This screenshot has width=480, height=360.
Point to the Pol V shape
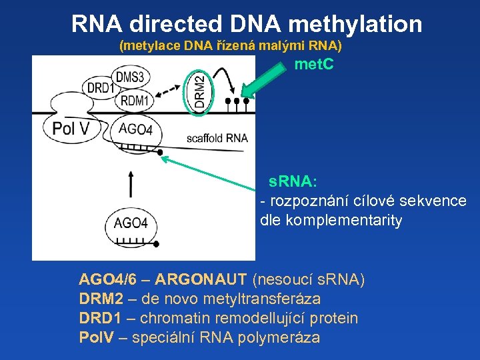pyautogui.click(x=70, y=128)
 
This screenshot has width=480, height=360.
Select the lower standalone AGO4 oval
pyautogui.click(x=131, y=223)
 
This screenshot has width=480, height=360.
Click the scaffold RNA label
pyautogui.click(x=217, y=138)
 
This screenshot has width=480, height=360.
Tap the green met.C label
pyautogui.click(x=313, y=65)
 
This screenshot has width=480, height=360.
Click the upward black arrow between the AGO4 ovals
pyautogui.click(x=131, y=182)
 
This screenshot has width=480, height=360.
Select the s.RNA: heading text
pyautogui.click(x=293, y=181)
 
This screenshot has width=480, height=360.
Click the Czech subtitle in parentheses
pyautogui.click(x=230, y=46)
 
